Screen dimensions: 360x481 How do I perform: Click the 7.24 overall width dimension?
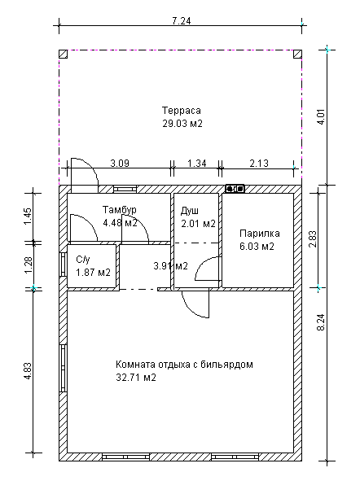click(x=182, y=21)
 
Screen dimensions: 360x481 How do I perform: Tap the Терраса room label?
click(x=182, y=111)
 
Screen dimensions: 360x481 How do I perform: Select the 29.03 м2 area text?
click(x=182, y=124)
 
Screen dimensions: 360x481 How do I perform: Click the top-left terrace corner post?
click(x=64, y=54)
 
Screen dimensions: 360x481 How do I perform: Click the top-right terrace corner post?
click(x=297, y=54)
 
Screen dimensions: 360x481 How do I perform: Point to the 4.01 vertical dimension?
click(x=322, y=116)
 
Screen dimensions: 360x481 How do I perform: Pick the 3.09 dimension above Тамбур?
click(x=120, y=164)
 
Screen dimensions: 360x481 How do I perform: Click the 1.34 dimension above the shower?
click(x=197, y=164)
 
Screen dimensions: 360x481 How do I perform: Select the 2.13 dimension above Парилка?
click(x=259, y=164)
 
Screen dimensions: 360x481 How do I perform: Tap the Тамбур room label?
click(x=120, y=210)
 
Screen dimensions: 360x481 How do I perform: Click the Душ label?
click(x=190, y=211)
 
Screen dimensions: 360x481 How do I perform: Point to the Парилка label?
click(x=260, y=234)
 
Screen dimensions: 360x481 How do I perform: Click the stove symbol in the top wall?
click(x=235, y=189)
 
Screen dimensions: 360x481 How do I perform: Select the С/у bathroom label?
click(x=83, y=260)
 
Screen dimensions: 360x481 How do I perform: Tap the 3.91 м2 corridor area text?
click(x=170, y=266)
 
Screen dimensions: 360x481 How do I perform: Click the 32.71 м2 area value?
click(x=136, y=377)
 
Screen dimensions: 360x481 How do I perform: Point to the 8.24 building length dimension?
click(x=322, y=322)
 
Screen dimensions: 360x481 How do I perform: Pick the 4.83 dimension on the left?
click(x=28, y=371)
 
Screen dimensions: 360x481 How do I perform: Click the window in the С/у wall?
click(x=64, y=265)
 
